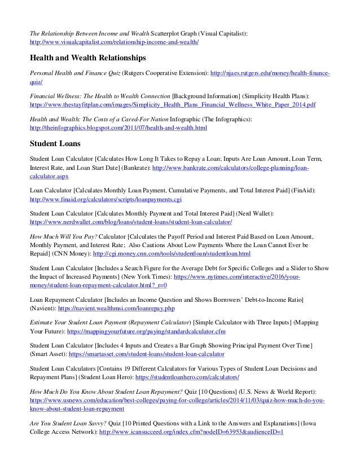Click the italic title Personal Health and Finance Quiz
coord(75,74)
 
